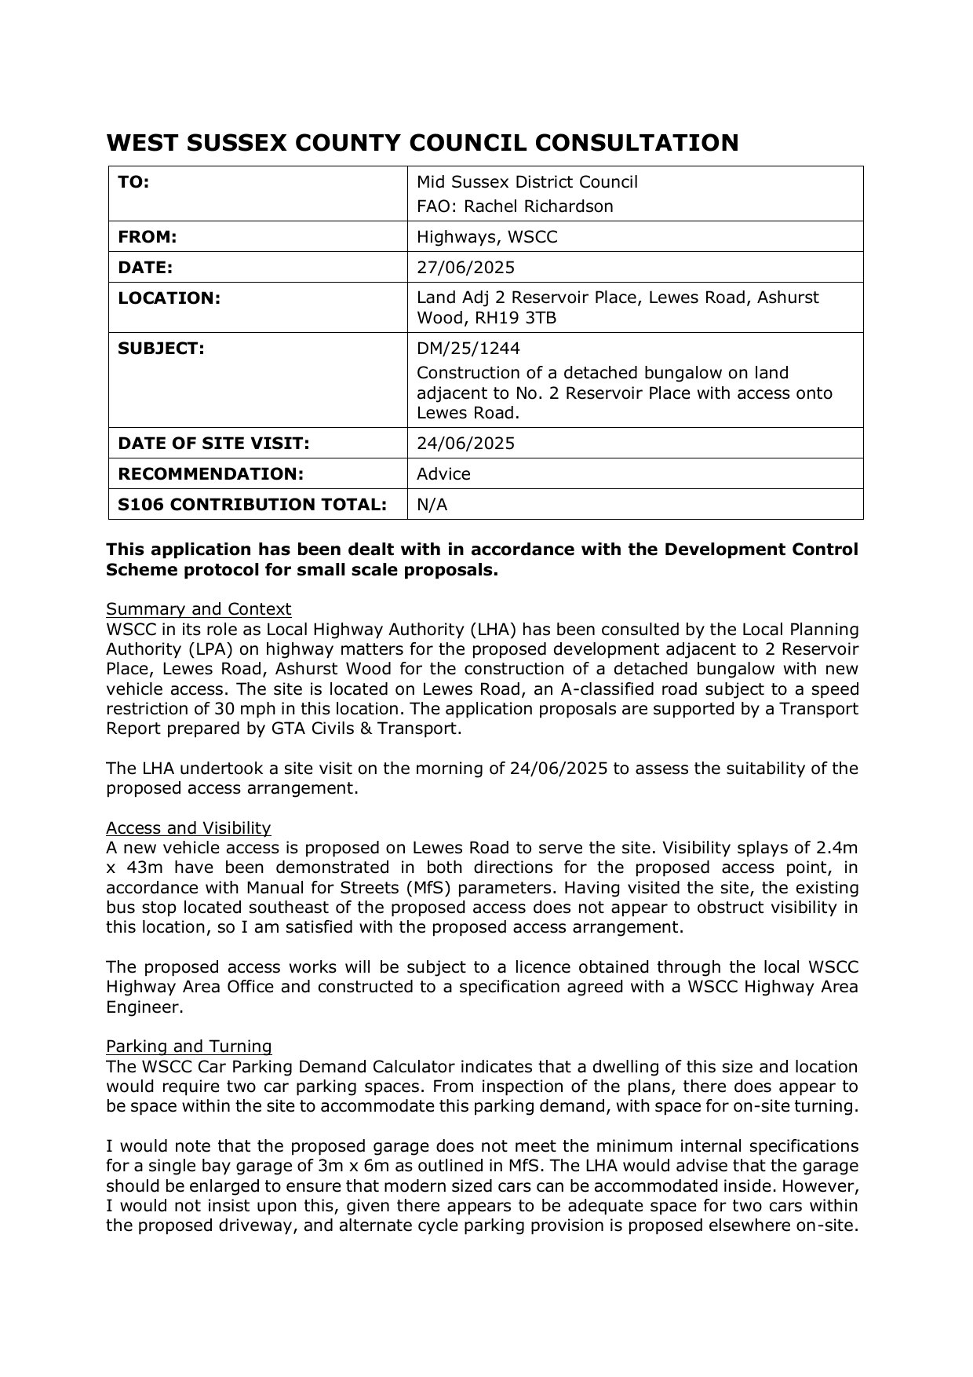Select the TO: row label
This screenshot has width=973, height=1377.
click(133, 182)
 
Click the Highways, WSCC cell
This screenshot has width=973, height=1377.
click(486, 237)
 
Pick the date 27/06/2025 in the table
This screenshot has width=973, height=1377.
click(465, 268)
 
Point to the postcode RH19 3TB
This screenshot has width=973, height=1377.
click(513, 318)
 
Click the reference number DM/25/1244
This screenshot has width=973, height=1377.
click(468, 349)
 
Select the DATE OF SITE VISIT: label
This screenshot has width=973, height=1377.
click(213, 444)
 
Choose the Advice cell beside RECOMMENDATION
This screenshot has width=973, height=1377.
click(443, 474)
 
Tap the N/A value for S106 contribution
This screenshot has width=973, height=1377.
click(432, 505)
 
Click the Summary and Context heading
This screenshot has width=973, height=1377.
click(199, 609)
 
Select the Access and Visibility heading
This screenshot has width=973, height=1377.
click(188, 828)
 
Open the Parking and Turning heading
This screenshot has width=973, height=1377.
click(189, 1046)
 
